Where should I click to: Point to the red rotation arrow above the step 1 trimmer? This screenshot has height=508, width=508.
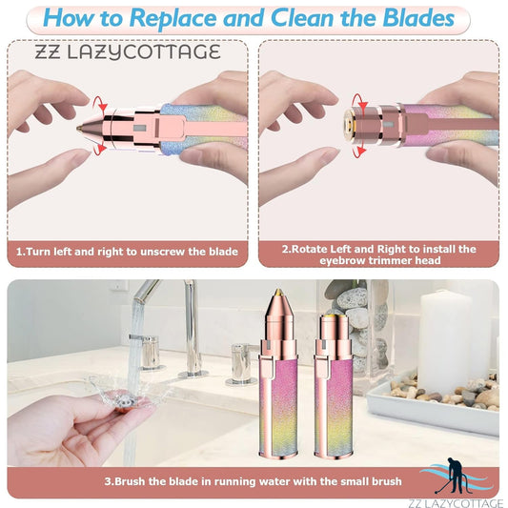(x=100, y=100)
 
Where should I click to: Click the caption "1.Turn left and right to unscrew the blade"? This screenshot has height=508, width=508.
(x=127, y=254)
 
